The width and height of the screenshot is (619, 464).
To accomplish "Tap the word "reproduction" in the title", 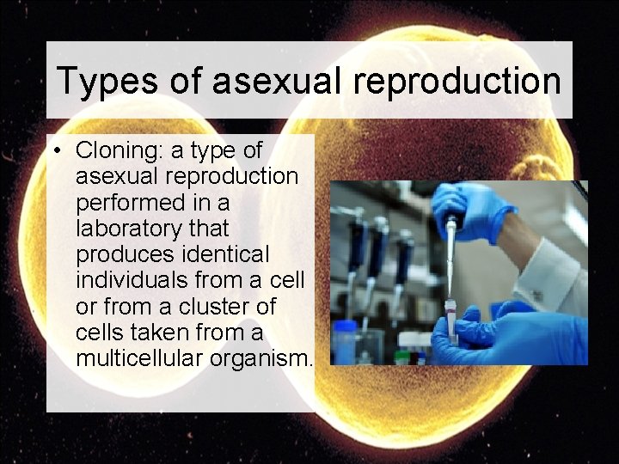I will tap(461, 81).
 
